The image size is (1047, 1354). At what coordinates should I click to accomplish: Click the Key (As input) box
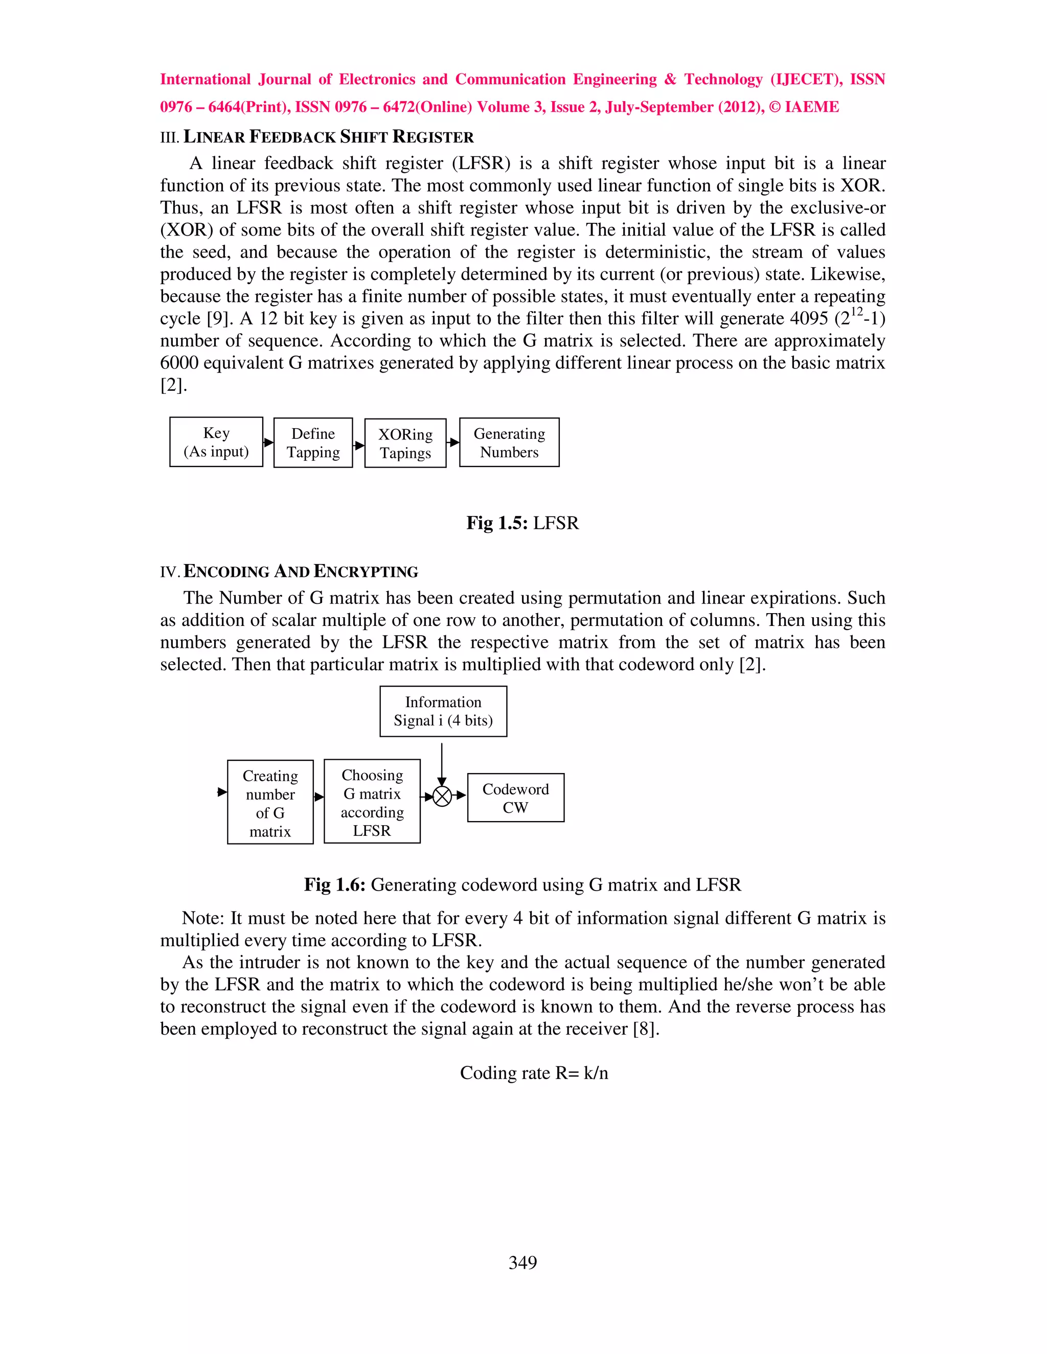(216, 442)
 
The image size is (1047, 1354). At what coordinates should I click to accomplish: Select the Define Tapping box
(313, 442)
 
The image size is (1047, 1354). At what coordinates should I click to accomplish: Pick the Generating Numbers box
(509, 442)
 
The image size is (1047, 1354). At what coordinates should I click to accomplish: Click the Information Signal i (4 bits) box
(443, 711)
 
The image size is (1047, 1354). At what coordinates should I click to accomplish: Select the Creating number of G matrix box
(270, 802)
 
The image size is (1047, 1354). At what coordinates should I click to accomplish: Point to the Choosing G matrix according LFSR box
(372, 802)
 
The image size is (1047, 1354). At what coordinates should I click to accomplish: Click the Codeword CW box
(515, 798)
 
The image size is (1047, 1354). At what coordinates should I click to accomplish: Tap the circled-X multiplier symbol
(442, 796)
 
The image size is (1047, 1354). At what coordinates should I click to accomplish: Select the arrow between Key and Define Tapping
(268, 442)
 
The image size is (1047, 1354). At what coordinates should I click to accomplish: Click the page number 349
(522, 1262)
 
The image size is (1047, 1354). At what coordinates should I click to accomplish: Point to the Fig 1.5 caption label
(497, 523)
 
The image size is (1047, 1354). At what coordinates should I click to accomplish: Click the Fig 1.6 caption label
(334, 884)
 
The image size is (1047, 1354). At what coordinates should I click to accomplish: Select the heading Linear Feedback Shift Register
(328, 137)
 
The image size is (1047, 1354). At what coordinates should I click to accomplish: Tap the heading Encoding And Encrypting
(301, 572)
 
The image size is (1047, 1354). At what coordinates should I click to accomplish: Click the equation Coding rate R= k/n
(533, 1073)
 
